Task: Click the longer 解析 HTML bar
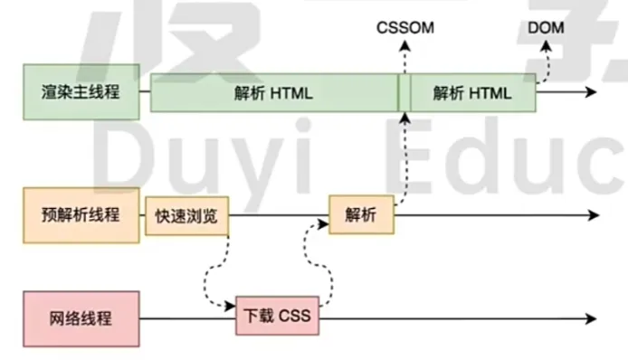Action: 273,92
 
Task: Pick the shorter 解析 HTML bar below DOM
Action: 471,92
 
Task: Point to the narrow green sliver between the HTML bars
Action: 404,92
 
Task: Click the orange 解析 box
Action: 361,215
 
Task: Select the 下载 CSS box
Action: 278,317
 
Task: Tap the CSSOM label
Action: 404,28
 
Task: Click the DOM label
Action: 546,28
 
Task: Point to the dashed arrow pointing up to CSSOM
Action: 404,145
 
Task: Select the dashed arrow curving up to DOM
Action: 547,63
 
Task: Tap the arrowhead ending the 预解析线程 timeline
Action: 593,216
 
